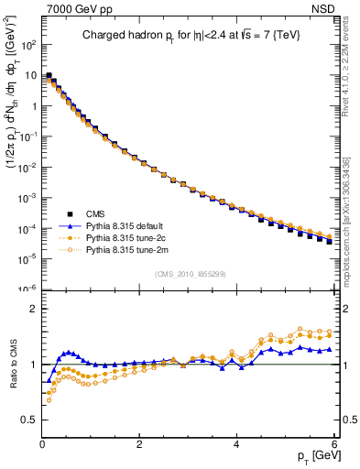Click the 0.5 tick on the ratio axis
click(x=31, y=420)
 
